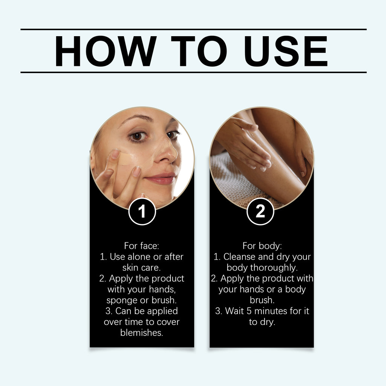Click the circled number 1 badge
[142, 212]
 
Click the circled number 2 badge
[260, 212]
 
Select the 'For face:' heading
[142, 246]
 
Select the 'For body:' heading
[262, 246]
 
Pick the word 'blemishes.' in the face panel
[142, 333]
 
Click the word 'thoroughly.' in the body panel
[278, 268]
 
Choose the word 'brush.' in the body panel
[262, 300]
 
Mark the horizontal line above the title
[193, 29]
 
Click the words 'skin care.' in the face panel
[142, 268]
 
